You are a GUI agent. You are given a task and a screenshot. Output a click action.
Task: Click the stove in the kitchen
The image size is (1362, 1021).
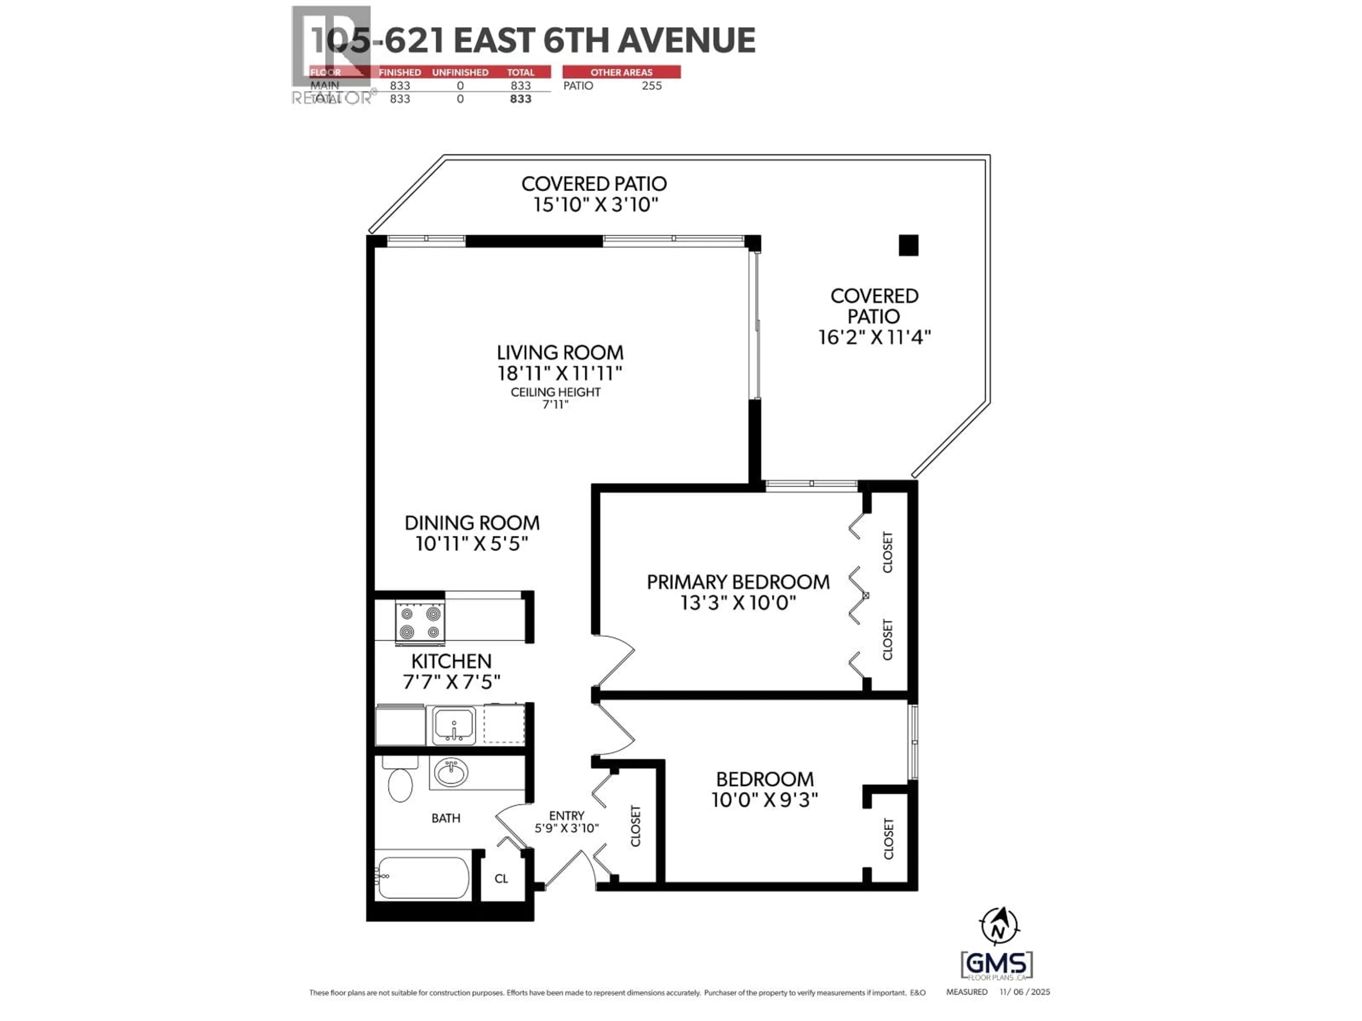click(x=420, y=624)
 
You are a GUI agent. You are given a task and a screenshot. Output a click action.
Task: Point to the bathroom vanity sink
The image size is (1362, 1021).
click(x=451, y=773)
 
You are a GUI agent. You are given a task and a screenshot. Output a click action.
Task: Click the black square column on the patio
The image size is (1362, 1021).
click(x=908, y=245)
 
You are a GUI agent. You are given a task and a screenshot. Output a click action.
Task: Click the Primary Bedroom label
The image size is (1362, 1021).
click(x=738, y=582)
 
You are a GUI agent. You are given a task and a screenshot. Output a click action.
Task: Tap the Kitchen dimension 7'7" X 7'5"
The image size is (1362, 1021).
click(x=451, y=682)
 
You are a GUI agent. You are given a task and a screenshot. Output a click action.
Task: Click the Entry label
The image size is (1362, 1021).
click(x=566, y=815)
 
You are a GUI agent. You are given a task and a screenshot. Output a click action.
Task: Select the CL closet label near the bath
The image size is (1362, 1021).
click(x=501, y=878)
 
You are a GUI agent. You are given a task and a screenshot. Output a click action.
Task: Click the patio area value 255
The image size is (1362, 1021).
click(x=652, y=85)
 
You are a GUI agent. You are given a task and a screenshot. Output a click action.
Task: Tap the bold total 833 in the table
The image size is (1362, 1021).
click(x=520, y=99)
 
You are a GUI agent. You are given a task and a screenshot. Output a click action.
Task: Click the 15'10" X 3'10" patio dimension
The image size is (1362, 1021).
click(x=596, y=204)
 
